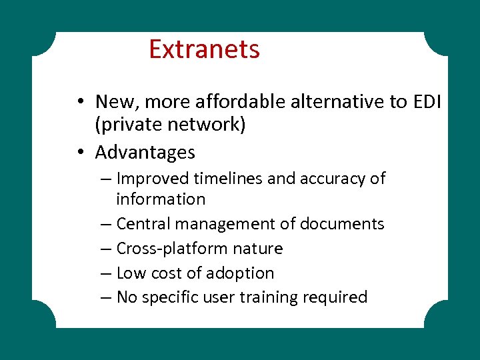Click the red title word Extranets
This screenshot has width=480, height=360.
click(204, 49)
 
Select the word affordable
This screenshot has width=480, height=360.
click(249, 101)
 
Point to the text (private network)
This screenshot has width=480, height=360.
click(171, 125)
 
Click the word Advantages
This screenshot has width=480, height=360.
click(145, 152)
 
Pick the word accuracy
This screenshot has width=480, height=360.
click(333, 179)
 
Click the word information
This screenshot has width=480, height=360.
click(161, 199)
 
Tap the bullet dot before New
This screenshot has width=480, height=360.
click(79, 102)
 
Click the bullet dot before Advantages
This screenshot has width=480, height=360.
click(79, 153)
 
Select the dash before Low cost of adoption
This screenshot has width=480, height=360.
click(108, 273)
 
